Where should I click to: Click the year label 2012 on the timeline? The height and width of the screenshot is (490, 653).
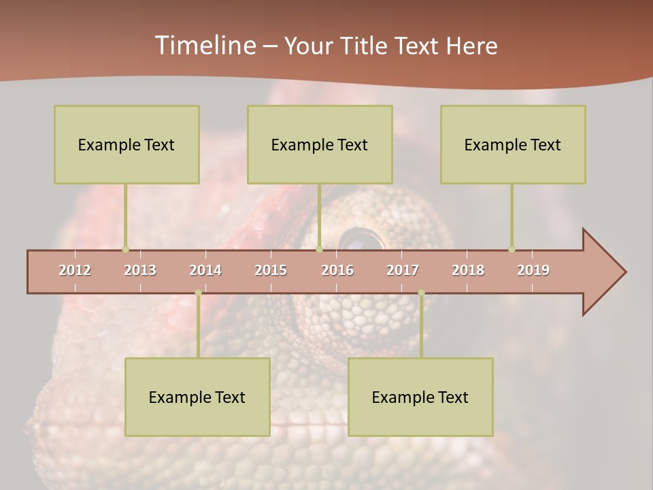click(75, 270)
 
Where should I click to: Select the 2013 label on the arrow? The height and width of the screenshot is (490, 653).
click(140, 270)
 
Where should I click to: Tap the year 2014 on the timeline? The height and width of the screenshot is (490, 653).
click(205, 270)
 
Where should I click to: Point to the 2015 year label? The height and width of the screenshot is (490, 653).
click(271, 270)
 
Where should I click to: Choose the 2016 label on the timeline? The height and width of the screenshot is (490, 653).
click(337, 270)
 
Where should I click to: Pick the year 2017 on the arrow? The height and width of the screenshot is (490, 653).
click(403, 270)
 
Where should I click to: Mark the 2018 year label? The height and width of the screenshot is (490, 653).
click(468, 270)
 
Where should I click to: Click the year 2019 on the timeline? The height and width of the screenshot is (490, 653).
click(533, 270)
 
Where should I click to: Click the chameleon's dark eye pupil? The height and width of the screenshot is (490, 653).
click(361, 240)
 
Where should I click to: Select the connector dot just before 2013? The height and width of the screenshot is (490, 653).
click(125, 249)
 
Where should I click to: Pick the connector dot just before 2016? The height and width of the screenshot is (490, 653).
click(319, 249)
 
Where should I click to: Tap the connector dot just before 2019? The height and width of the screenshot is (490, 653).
click(512, 249)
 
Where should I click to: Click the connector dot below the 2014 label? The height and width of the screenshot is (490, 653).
click(198, 293)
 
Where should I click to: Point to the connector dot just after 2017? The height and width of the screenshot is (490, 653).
click(421, 293)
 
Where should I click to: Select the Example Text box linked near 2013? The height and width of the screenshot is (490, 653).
click(127, 144)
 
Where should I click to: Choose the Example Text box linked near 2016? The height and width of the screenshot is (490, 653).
click(320, 144)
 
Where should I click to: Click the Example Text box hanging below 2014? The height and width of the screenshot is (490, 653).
click(197, 397)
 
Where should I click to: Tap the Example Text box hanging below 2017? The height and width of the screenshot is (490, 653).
click(420, 397)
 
